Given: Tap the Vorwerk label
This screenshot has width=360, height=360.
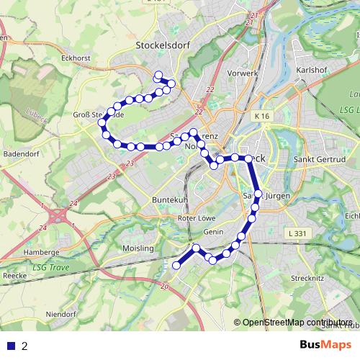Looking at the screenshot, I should coord(242,73).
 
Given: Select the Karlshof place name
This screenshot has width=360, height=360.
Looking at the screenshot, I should coord(312,70).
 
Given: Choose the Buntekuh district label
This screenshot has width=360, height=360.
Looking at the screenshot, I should coord(169,199).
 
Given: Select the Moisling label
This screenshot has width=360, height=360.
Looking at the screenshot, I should coord(139,248).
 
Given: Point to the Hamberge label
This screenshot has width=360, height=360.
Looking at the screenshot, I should coord(41,253).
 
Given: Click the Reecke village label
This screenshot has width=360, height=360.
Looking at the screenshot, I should coord(14,276).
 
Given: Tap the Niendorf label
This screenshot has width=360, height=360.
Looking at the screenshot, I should coord(60,315).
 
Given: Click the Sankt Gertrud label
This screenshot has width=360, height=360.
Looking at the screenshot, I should coord(316,159).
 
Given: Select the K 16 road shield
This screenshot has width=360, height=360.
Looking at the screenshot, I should coord(261,115).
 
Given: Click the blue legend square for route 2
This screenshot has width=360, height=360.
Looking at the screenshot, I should coord(10,346).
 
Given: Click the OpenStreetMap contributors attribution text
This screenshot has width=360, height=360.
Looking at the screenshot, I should coord(297,323).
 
